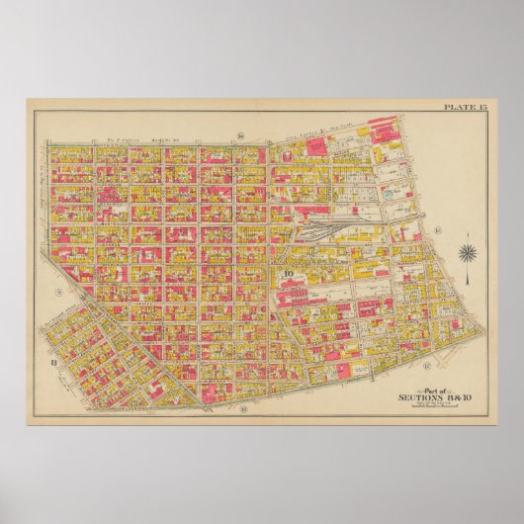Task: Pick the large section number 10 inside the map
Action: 289,274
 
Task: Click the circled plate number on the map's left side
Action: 58,293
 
